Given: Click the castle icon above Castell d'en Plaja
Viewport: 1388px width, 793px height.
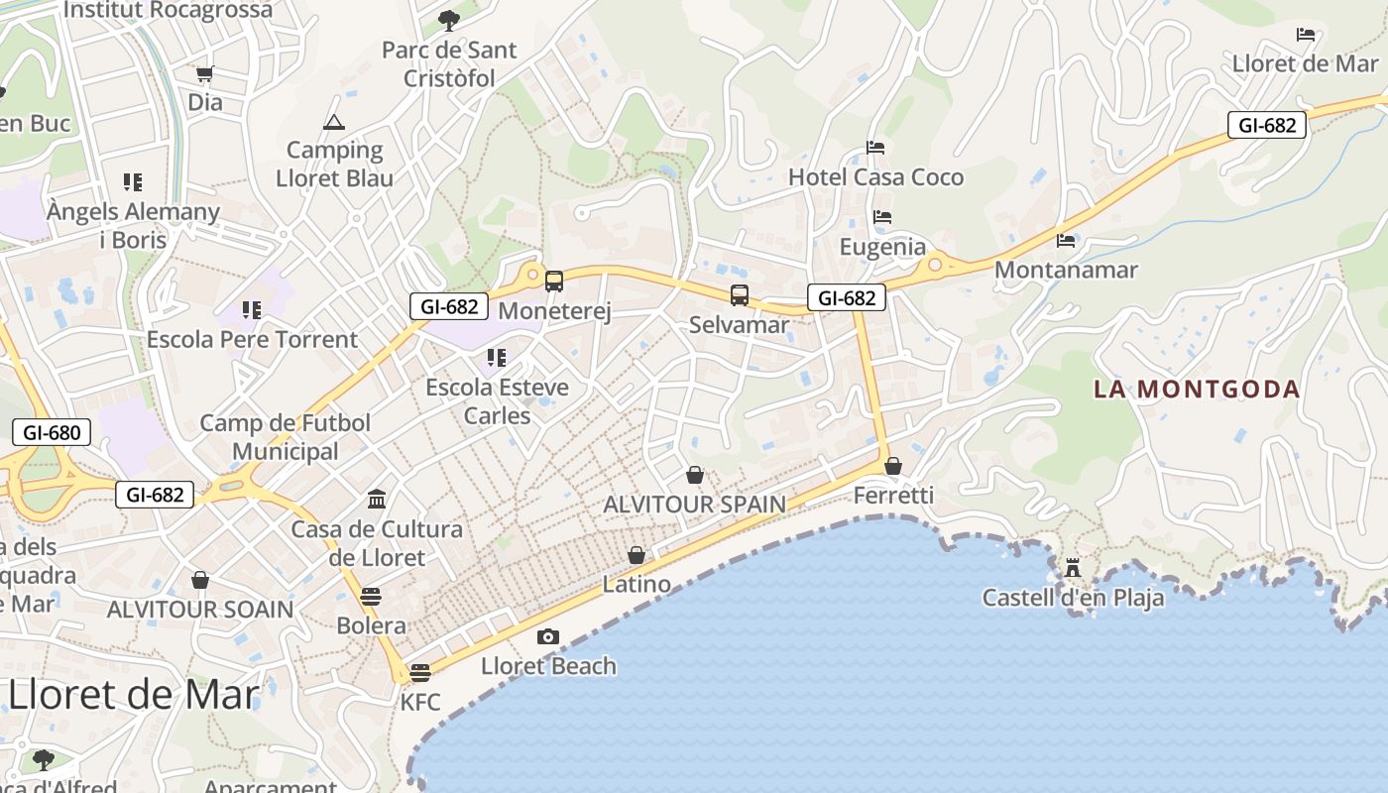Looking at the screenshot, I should pyautogui.click(x=1072, y=569).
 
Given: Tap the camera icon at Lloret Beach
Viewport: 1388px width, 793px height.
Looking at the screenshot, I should pyautogui.click(x=547, y=636).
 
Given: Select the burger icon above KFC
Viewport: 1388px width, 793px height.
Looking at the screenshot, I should pyautogui.click(x=420, y=673).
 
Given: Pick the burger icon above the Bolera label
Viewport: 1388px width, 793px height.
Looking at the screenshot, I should pyautogui.click(x=371, y=597).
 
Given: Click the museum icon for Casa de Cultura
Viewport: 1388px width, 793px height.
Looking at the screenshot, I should pyautogui.click(x=377, y=499).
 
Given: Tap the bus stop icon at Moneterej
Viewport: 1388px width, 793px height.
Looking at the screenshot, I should pyautogui.click(x=554, y=282).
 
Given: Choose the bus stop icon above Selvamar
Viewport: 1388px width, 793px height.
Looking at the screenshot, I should pyautogui.click(x=740, y=294).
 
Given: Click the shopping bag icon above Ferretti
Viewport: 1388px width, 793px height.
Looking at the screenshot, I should pyautogui.click(x=893, y=465).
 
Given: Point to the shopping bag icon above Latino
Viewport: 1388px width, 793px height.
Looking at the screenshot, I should pyautogui.click(x=636, y=555).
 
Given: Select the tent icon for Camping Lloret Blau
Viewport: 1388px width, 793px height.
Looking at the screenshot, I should pyautogui.click(x=333, y=122).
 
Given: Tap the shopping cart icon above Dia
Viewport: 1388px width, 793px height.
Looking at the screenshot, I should pyautogui.click(x=205, y=73).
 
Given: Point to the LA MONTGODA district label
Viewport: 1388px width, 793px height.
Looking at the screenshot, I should pyautogui.click(x=1197, y=389).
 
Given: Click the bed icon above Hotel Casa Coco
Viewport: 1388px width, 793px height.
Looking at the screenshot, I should pyautogui.click(x=875, y=148).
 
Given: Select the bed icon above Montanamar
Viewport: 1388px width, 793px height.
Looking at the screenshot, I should pyautogui.click(x=1066, y=240).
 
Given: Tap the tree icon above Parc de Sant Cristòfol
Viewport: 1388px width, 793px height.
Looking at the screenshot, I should pyautogui.click(x=449, y=20).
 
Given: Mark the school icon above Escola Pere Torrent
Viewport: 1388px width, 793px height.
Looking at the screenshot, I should pyautogui.click(x=252, y=310).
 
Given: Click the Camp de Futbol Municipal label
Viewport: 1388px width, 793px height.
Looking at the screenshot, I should pyautogui.click(x=286, y=437).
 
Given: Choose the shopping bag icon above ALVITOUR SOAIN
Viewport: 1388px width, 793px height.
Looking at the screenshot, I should pyautogui.click(x=200, y=580).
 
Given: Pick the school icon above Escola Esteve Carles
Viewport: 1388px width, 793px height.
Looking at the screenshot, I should pyautogui.click(x=497, y=357).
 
